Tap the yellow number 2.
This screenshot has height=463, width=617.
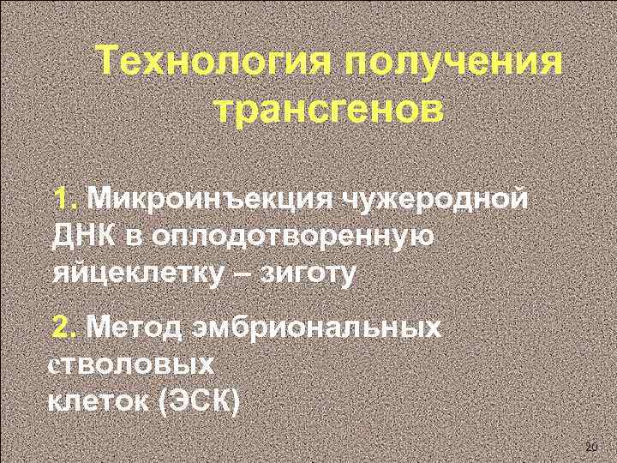(x=65, y=327)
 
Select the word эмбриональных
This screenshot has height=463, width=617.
(x=326, y=327)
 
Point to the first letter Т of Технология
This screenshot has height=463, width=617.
(x=109, y=62)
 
